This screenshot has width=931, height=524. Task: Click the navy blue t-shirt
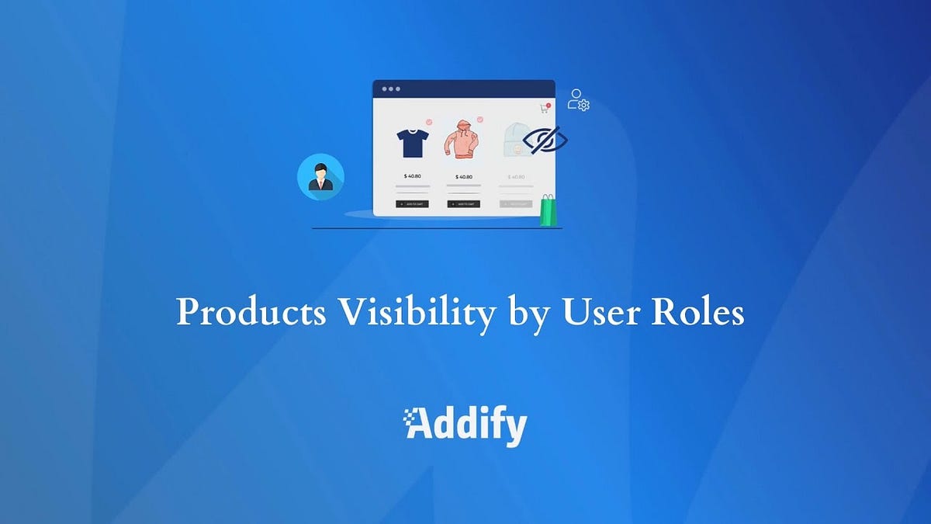412,143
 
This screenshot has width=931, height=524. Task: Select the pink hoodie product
462,140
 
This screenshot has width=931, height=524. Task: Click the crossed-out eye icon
545,141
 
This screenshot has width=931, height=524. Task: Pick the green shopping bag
549,210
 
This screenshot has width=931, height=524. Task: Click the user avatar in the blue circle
320,177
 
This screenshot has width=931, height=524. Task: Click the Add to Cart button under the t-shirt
412,204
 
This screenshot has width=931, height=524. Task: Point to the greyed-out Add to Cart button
515,204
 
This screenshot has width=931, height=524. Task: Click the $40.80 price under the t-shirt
412,176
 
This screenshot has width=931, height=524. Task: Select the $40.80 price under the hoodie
464,176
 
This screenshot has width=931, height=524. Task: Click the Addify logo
465,425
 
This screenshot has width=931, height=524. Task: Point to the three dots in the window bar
391,89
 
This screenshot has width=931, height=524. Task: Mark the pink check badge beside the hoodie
480,120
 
